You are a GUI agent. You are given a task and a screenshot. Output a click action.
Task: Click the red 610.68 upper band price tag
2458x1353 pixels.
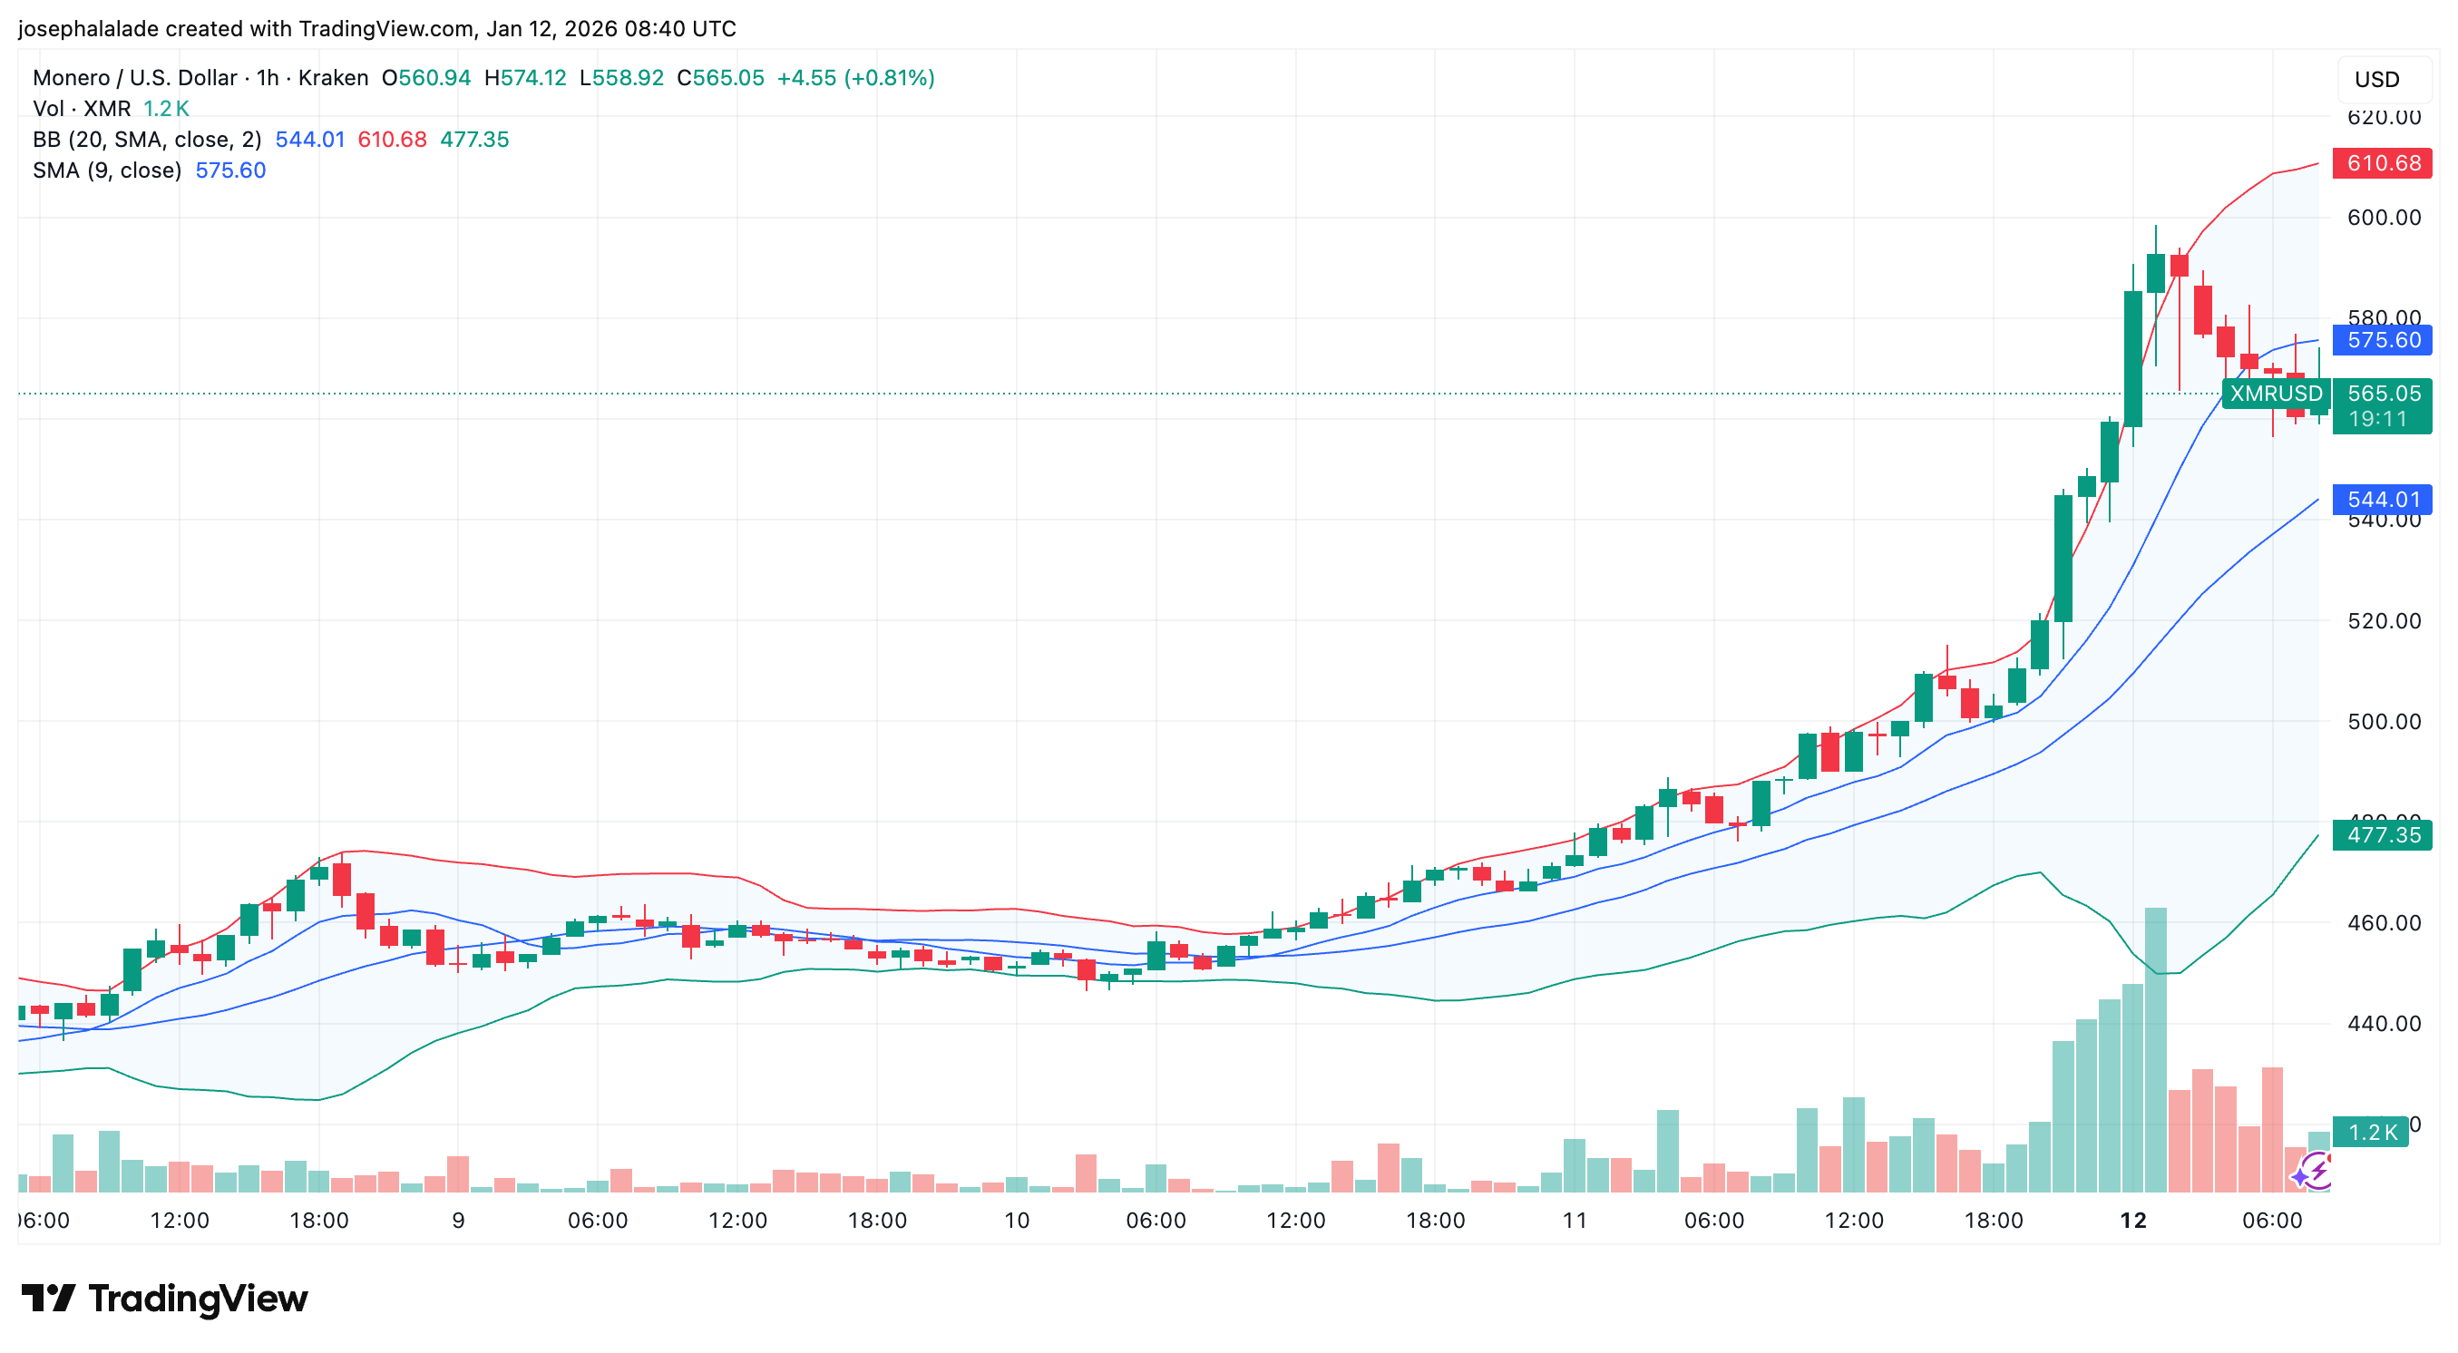point(2382,163)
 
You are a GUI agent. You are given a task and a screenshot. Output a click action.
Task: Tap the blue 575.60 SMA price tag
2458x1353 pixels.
point(2382,340)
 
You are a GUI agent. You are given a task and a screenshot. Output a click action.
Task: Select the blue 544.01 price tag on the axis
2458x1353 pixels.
point(2382,499)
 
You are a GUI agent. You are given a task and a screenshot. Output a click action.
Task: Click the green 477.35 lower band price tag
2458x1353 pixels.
point(2382,835)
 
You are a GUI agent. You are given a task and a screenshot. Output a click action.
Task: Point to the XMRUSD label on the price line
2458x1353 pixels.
point(2276,394)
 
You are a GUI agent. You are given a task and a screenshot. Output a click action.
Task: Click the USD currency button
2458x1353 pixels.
point(2376,79)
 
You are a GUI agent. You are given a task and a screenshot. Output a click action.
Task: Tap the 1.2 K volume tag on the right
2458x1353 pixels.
point(2371,1132)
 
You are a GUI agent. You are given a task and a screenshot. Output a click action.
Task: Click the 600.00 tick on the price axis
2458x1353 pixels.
point(2384,218)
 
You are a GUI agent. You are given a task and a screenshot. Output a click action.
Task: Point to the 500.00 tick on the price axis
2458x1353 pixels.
point(2384,721)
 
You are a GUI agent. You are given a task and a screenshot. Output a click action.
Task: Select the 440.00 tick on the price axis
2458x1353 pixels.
point(2384,1024)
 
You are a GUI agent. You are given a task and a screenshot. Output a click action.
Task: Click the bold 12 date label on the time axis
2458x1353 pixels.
point(2132,1221)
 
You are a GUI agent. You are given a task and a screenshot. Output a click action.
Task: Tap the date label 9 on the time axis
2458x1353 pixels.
point(458,1221)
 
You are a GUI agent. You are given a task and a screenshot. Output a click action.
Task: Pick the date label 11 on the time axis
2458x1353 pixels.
point(1575,1221)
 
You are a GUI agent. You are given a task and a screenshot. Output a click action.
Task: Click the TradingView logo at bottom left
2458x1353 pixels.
point(164,1299)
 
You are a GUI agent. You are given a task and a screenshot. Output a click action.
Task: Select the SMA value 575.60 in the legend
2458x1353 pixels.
point(230,170)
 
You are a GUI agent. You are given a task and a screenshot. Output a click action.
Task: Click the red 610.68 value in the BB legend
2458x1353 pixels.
point(392,140)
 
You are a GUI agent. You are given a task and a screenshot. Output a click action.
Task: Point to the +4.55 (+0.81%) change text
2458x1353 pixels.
point(855,78)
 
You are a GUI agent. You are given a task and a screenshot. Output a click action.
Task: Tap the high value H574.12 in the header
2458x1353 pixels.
point(525,78)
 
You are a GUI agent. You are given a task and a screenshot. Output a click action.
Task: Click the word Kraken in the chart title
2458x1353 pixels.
point(333,78)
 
